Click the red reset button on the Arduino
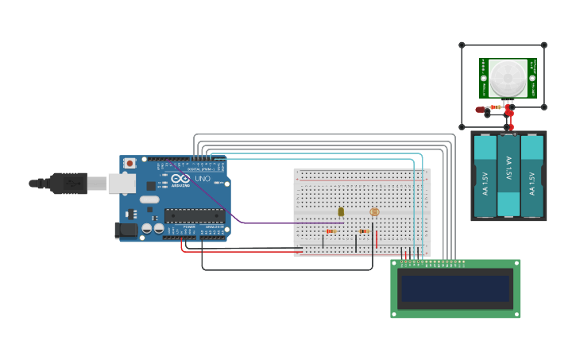(130, 164)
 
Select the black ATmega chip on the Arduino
(194, 215)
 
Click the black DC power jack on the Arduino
(126, 230)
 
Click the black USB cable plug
(68, 183)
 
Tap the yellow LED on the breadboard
(341, 211)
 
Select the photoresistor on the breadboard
(375, 212)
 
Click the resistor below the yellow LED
(331, 231)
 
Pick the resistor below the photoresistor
(364, 231)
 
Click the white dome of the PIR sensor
(507, 78)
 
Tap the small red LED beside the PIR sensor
(481, 110)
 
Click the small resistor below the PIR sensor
(496, 106)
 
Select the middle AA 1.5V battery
(508, 176)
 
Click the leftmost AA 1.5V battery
(485, 176)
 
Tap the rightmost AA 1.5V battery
(532, 176)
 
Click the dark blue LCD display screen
(455, 288)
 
